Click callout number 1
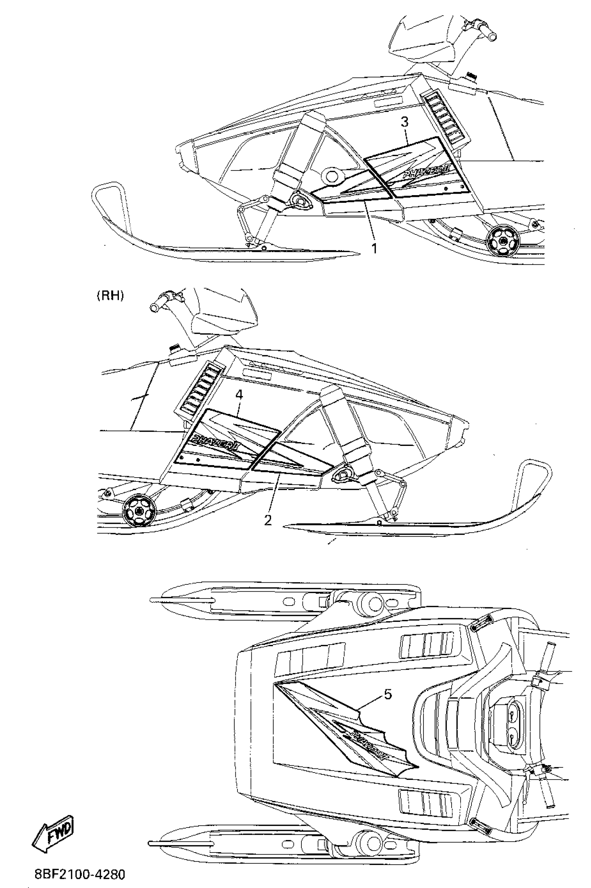374,248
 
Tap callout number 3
404,122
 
